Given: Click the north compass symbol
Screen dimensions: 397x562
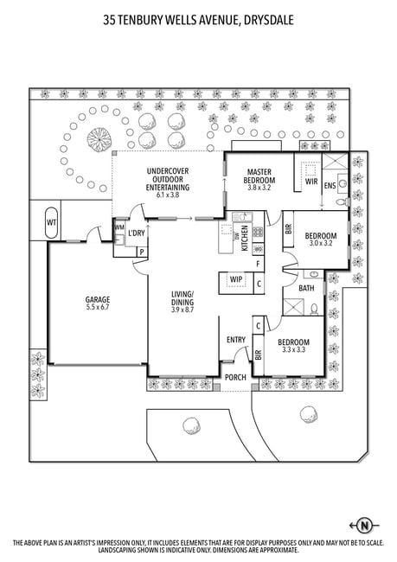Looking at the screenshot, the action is point(364,526).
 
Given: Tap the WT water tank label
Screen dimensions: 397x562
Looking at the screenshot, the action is point(51,222).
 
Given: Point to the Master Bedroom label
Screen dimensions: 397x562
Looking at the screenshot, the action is point(259,176).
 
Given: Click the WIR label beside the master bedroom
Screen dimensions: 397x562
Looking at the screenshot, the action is point(311,182).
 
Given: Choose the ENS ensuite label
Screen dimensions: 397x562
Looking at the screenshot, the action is point(330,186).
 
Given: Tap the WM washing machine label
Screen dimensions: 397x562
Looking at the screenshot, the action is point(119,227).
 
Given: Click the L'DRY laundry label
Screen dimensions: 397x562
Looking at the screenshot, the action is point(137,233).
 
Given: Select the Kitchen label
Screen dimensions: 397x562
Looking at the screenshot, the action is point(245,238).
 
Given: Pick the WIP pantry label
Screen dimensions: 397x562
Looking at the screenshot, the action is point(236,279).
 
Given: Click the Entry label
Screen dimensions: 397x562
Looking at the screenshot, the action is point(236,340).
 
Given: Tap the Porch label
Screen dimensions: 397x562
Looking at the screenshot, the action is point(235,378).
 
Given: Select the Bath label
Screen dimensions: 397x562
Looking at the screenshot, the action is point(306,288).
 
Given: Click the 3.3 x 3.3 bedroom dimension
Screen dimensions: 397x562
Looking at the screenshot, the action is point(293,349).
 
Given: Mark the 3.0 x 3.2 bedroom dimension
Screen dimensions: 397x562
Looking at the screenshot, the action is point(321,243).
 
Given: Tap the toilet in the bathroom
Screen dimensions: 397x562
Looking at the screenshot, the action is point(314,309).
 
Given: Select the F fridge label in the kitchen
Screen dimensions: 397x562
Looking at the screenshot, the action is point(258,265).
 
